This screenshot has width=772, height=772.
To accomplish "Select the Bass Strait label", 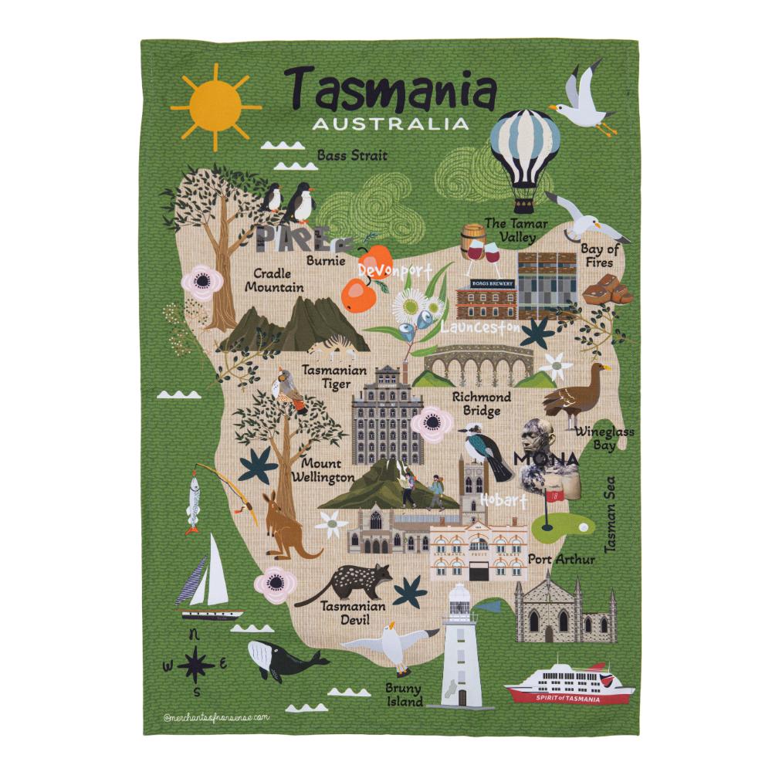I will (352, 156).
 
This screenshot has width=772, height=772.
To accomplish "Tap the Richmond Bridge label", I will (481, 404).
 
